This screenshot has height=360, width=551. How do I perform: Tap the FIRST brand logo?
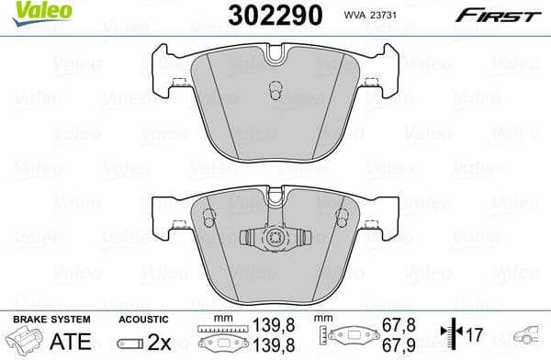pyautogui.click(x=507, y=15)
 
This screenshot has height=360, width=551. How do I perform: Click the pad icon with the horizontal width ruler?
pyautogui.click(x=222, y=338)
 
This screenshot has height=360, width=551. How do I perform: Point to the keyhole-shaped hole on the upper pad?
pyautogui.click(x=274, y=92)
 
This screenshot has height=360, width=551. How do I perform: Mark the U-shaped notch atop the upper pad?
pyautogui.click(x=275, y=57)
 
